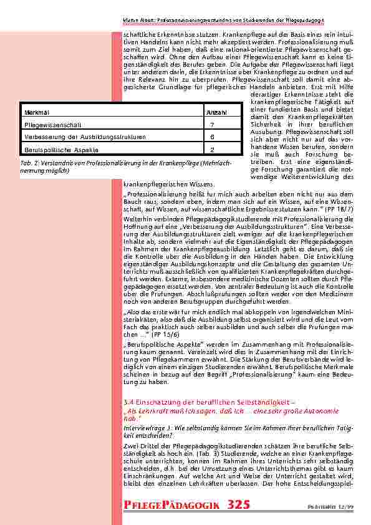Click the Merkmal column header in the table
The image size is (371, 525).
[x=32, y=112]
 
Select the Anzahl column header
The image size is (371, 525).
[x=216, y=112]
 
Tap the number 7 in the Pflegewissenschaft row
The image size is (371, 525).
[x=213, y=125]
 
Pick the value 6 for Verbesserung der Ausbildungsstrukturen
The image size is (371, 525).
[x=213, y=137]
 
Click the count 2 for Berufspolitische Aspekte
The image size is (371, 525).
[x=213, y=150]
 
